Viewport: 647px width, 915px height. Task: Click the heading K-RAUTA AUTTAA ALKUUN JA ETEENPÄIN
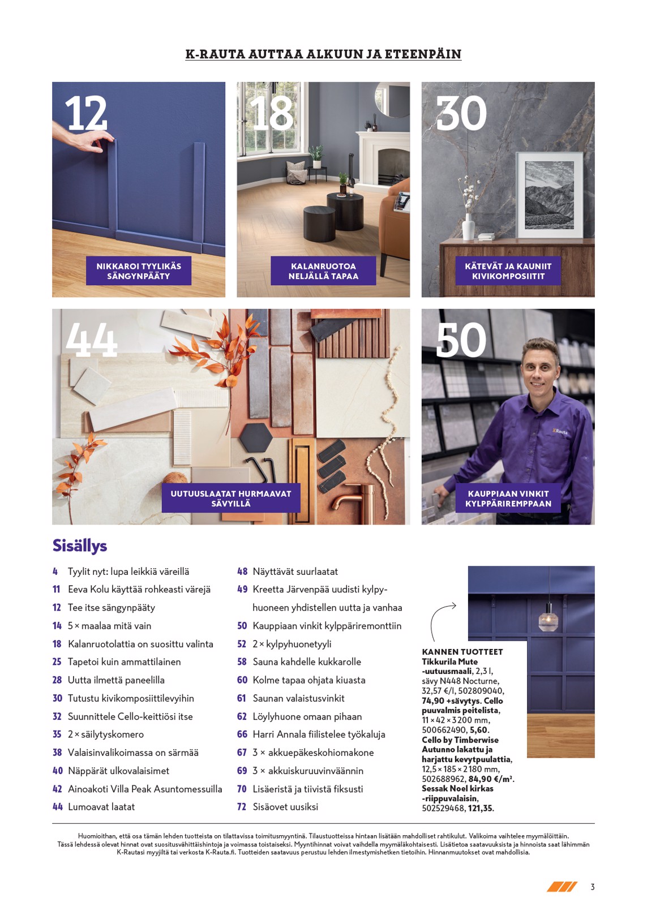coord(323,54)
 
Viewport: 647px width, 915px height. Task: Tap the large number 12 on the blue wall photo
coord(86,113)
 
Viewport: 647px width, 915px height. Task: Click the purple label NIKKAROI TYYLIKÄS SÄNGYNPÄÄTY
coord(139,271)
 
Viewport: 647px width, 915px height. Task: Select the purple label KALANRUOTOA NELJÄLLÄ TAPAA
coord(323,271)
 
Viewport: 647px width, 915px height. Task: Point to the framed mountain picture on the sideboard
coord(549,195)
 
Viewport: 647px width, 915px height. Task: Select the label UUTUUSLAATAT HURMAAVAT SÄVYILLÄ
coord(231,498)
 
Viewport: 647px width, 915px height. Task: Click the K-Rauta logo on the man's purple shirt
coord(560,431)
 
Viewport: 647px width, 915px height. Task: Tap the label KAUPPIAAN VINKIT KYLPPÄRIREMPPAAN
coord(508,498)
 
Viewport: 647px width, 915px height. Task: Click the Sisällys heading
coord(80,545)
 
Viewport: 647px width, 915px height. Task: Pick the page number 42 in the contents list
coord(57,789)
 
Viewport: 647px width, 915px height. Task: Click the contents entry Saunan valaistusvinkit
coord(298,698)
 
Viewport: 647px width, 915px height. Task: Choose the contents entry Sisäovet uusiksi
coord(285,807)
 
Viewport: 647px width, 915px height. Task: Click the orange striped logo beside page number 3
coord(562,886)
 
